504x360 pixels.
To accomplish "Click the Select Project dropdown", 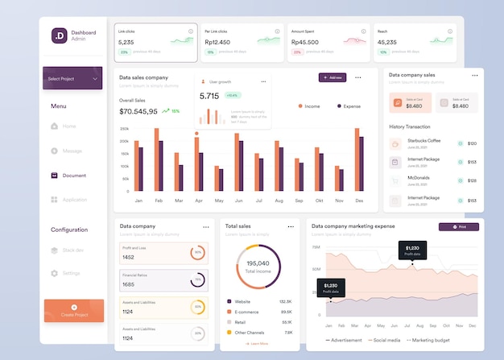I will (x=72, y=79).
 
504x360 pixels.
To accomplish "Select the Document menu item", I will (x=74, y=175).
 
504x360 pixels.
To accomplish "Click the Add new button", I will (x=333, y=77).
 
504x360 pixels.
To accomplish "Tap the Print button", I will (x=458, y=227).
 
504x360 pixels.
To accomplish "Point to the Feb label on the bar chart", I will (x=159, y=200).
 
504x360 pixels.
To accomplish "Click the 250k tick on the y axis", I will (x=124, y=129).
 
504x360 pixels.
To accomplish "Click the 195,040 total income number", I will (x=258, y=263).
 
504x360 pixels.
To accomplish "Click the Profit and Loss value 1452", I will (x=128, y=257).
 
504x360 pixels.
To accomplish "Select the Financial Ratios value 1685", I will (x=128, y=284).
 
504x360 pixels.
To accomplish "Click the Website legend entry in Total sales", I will (x=242, y=301).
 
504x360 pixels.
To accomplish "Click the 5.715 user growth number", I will (x=209, y=96).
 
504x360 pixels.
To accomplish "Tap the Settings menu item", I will (x=72, y=273).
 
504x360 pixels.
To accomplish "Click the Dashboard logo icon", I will (x=59, y=35).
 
